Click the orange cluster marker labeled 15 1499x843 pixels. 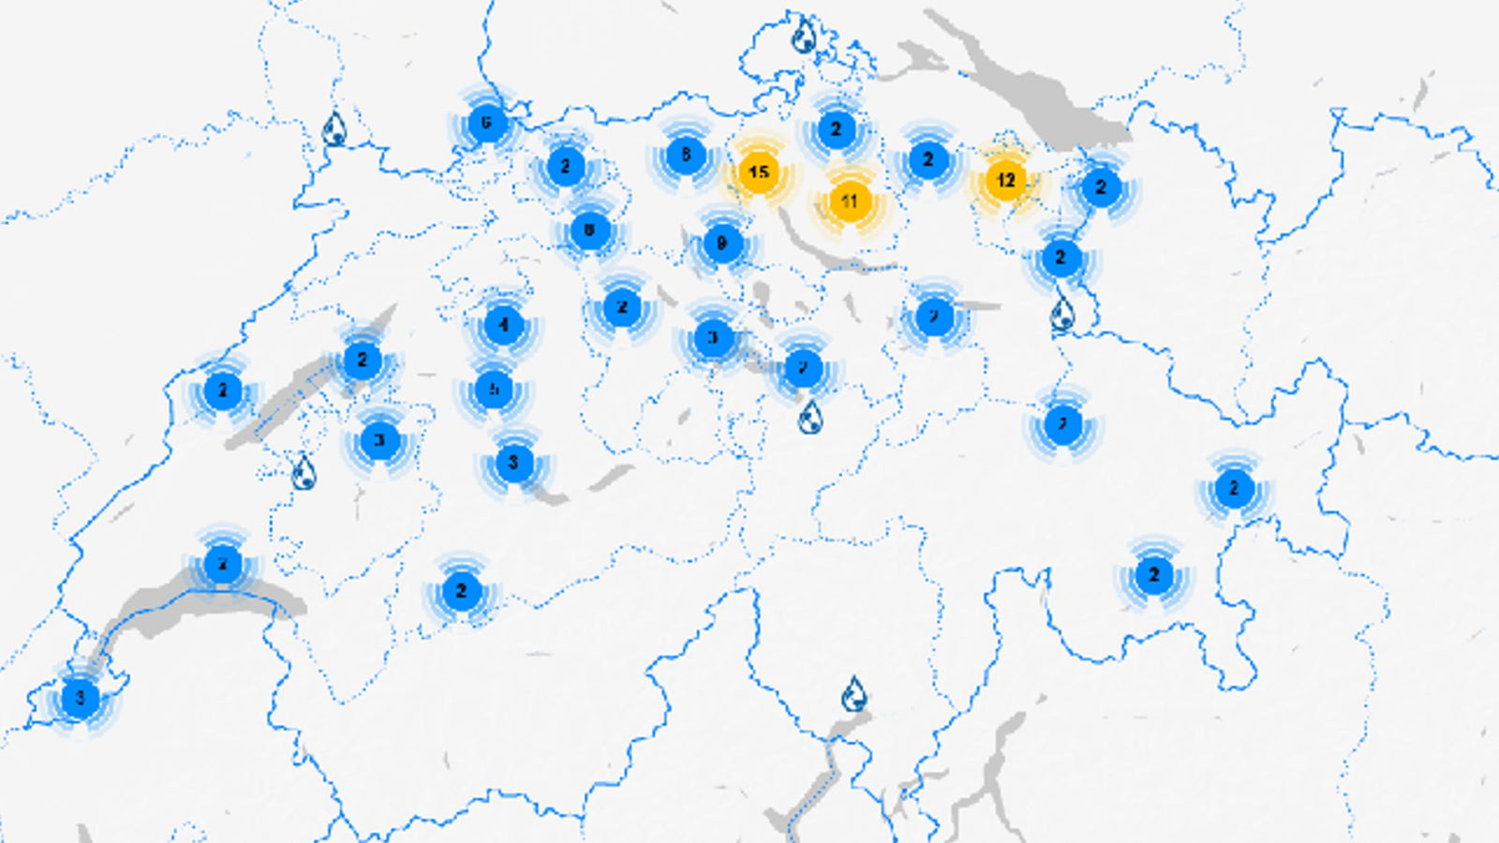coord(758,172)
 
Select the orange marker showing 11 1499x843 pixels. coord(849,201)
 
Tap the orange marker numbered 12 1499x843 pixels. coord(1005,180)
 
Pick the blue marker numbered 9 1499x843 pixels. coord(721,244)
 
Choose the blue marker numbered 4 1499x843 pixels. coord(503,325)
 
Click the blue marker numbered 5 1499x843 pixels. coord(494,389)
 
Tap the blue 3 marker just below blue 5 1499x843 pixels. coord(512,463)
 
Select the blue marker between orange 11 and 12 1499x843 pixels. coord(928,160)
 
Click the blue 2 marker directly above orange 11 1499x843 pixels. coord(836,129)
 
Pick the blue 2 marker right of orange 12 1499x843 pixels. coord(1101,187)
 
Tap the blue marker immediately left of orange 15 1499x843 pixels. coord(685,155)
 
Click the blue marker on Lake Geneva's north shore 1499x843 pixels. coord(223,564)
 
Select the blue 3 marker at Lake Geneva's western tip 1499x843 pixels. coord(80,698)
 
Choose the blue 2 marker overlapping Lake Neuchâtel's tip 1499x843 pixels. coord(362,361)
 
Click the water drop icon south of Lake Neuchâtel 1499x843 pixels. coord(303,473)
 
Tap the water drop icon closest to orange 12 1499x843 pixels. coord(1061,315)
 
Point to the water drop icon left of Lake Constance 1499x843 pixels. coord(803,37)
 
